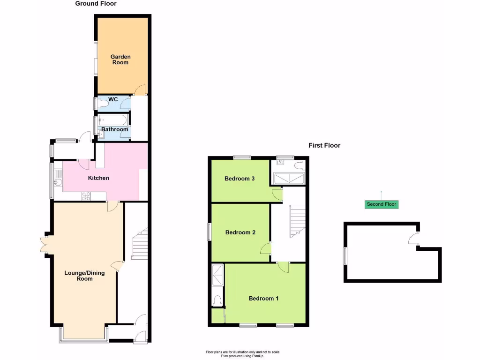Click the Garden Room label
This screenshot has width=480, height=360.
(120, 60)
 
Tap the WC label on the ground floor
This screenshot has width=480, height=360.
(112, 99)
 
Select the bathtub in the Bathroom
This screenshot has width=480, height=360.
(112, 120)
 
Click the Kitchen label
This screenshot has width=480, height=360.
(98, 178)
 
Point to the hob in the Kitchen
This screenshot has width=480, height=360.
(87, 196)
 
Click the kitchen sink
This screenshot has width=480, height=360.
(58, 181)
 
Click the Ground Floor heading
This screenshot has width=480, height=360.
(96, 4)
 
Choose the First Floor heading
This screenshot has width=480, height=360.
(324, 145)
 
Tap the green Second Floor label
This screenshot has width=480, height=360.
(381, 204)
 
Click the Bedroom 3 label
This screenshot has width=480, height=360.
(240, 179)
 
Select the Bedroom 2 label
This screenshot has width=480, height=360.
(240, 232)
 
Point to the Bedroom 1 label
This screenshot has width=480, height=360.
(263, 299)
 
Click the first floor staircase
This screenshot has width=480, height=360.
(297, 222)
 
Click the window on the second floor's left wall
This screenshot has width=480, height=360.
(345, 255)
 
